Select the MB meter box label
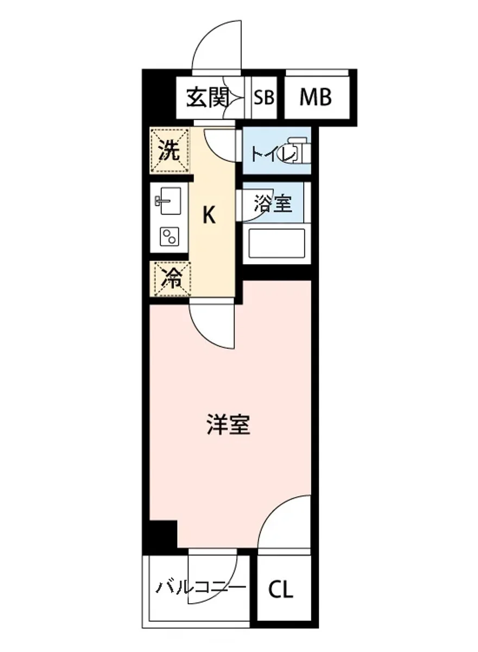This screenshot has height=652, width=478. tap(316, 98)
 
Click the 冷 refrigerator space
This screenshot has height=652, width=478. tap(171, 279)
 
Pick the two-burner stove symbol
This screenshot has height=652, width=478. tap(169, 236)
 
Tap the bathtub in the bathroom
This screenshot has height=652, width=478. tap(275, 244)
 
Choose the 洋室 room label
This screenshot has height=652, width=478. tap(228, 425)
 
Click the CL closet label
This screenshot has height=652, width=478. tap(280, 590)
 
